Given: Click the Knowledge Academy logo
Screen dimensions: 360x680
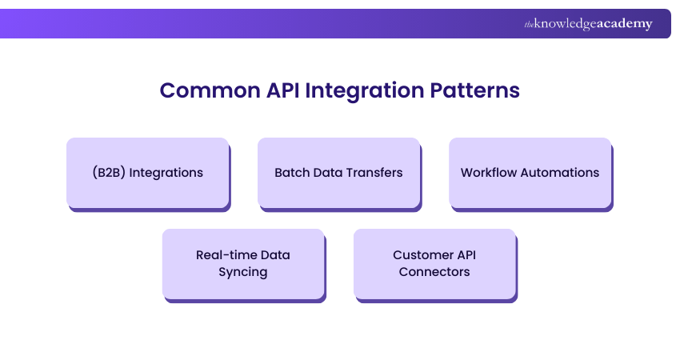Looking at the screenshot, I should pyautogui.click(x=588, y=24).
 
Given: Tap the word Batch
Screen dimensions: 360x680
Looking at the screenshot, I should pyautogui.click(x=291, y=173).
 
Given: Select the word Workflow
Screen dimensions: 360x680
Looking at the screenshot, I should pyautogui.click(x=489, y=173).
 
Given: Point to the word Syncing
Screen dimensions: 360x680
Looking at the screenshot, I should pyautogui.click(x=243, y=272).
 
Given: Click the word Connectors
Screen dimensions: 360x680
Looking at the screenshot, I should pyautogui.click(x=435, y=272).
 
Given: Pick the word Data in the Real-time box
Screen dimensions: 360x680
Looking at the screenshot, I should pyautogui.click(x=275, y=255).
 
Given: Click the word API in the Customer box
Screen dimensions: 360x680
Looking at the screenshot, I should pyautogui.click(x=466, y=255).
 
